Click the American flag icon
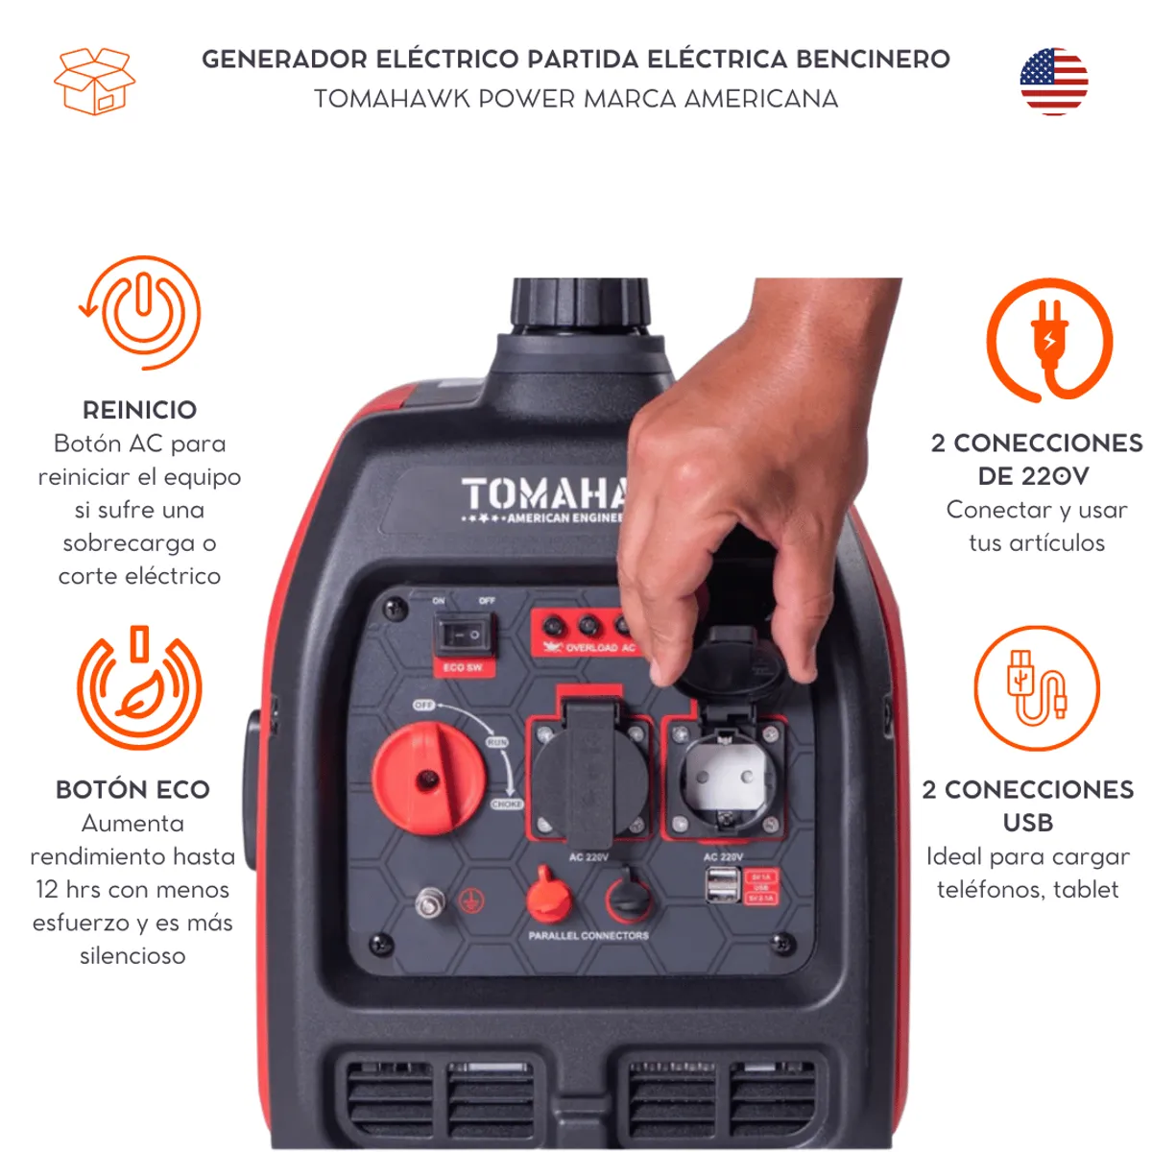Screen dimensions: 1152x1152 [x=1053, y=82]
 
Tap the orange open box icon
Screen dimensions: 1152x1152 [x=94, y=82]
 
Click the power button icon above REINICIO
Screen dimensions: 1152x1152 [x=142, y=312]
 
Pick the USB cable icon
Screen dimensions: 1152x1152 [x=1036, y=687]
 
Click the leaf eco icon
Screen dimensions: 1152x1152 [x=140, y=688]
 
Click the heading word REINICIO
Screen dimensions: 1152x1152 [x=139, y=410]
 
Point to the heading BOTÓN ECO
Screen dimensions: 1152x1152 [x=132, y=789]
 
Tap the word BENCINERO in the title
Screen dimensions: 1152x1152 [x=873, y=60]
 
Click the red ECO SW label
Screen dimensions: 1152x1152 [x=463, y=667]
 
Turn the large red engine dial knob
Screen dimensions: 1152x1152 [x=428, y=778]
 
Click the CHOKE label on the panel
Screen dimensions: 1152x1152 [x=507, y=804]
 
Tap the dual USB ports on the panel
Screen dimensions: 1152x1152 [x=723, y=885]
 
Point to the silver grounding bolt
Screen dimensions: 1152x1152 [x=430, y=902]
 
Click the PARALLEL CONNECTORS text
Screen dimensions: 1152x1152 [x=588, y=935]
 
